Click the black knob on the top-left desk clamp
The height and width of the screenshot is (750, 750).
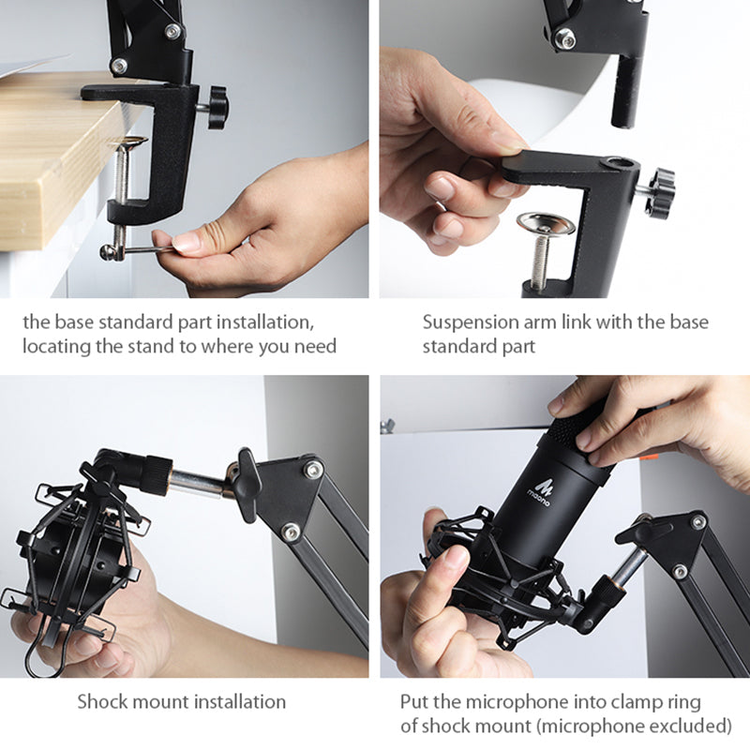coord(218,108)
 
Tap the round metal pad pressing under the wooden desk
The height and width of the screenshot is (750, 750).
coord(131,142)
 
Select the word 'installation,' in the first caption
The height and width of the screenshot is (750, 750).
coord(265,322)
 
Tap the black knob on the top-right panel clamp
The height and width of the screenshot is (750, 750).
coord(661,193)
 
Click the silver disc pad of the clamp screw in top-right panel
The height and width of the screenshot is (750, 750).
coord(546,223)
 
